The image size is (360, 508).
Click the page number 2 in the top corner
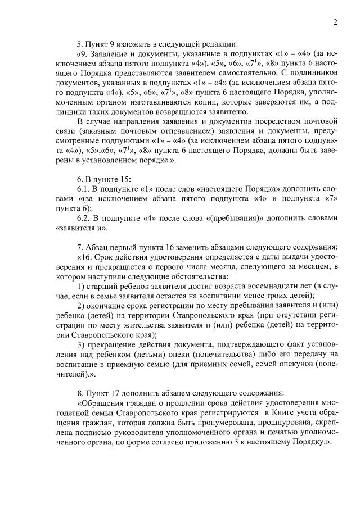[335, 22]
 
